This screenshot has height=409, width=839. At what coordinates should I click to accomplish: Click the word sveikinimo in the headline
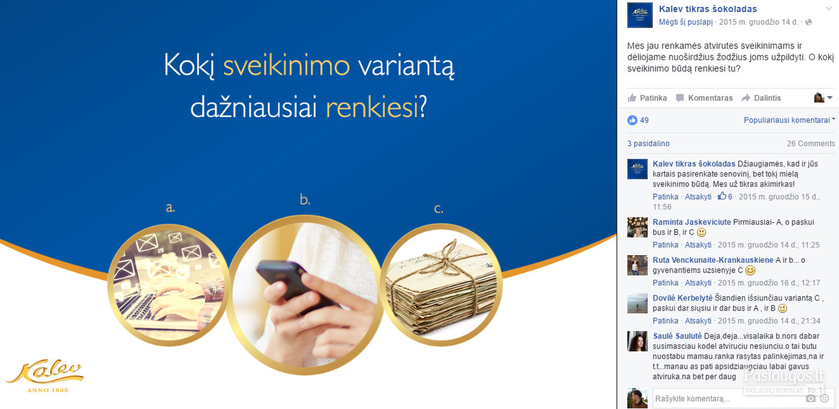pos(287,65)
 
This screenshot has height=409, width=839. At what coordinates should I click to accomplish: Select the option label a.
pos(170,207)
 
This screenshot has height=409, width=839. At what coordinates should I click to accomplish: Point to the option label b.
pos(305,199)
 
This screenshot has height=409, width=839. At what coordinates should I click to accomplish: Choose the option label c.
pos(439,209)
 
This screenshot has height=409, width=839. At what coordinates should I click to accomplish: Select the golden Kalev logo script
pos(45,372)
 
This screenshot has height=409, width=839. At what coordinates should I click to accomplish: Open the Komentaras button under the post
pos(704,98)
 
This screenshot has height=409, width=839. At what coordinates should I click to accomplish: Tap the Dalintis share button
pos(762,98)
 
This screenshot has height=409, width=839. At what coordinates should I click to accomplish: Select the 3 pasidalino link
pos(648,143)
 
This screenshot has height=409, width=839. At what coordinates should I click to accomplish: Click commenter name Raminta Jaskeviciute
pos(692,222)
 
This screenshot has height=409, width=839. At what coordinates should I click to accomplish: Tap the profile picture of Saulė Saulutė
pos(637,341)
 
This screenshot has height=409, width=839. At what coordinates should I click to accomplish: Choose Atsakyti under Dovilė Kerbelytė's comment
pos(698,321)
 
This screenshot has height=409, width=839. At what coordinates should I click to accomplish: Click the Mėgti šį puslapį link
pos(686,22)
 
